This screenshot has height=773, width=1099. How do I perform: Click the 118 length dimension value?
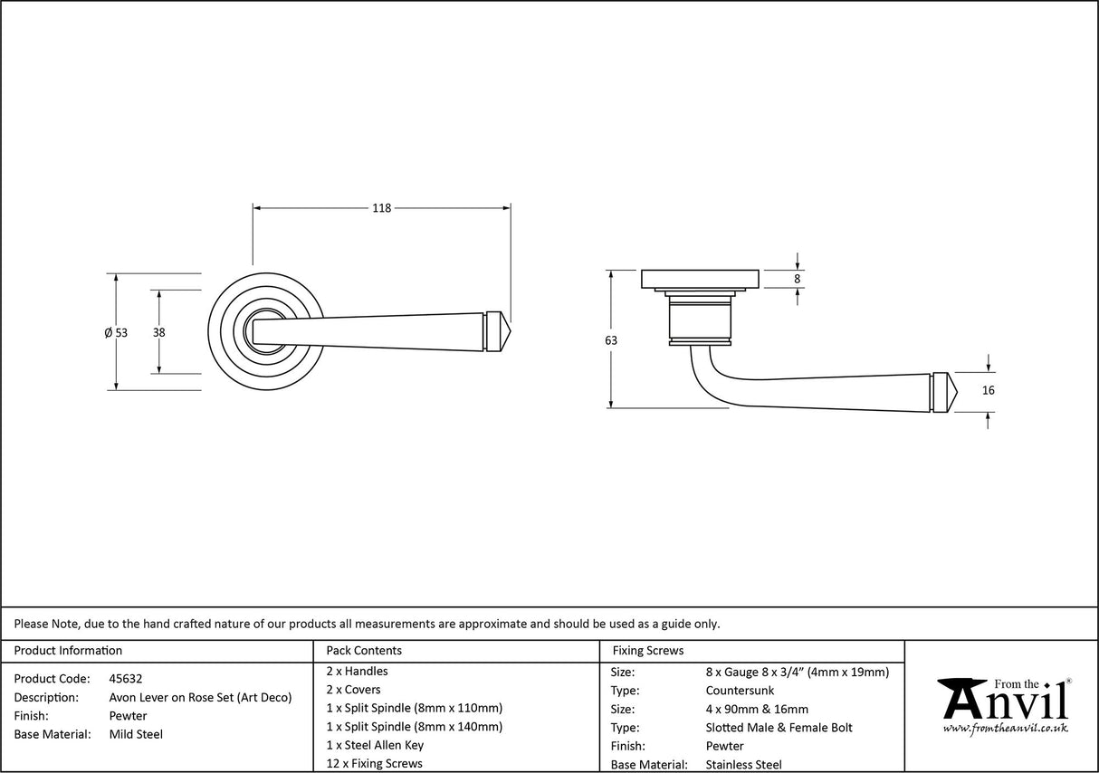(381, 208)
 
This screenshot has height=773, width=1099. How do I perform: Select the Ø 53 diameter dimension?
(116, 332)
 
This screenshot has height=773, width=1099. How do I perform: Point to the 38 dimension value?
(159, 332)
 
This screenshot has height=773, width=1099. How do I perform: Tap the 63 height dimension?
(611, 340)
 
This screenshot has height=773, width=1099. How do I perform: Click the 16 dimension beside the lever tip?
(988, 391)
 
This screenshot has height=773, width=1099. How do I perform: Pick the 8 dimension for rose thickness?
(797, 280)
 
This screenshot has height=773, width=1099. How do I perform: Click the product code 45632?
(125, 678)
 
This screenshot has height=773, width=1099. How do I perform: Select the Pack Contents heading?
(364, 650)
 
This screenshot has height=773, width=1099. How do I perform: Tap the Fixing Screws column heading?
(648, 650)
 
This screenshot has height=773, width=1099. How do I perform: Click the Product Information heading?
(68, 650)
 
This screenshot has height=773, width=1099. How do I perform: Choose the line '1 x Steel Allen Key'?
(375, 745)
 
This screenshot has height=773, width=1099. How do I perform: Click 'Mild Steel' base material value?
(136, 734)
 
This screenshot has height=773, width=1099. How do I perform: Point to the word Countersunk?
(740, 691)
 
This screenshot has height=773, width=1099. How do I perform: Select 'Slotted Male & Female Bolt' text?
(779, 728)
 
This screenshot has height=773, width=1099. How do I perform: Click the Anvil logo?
(1004, 701)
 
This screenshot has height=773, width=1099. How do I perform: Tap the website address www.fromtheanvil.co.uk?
(1005, 728)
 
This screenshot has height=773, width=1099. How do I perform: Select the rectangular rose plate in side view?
(700, 279)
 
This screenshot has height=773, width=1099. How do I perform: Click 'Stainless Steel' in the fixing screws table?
(743, 765)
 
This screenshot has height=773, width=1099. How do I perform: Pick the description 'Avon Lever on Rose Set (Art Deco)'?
(200, 697)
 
